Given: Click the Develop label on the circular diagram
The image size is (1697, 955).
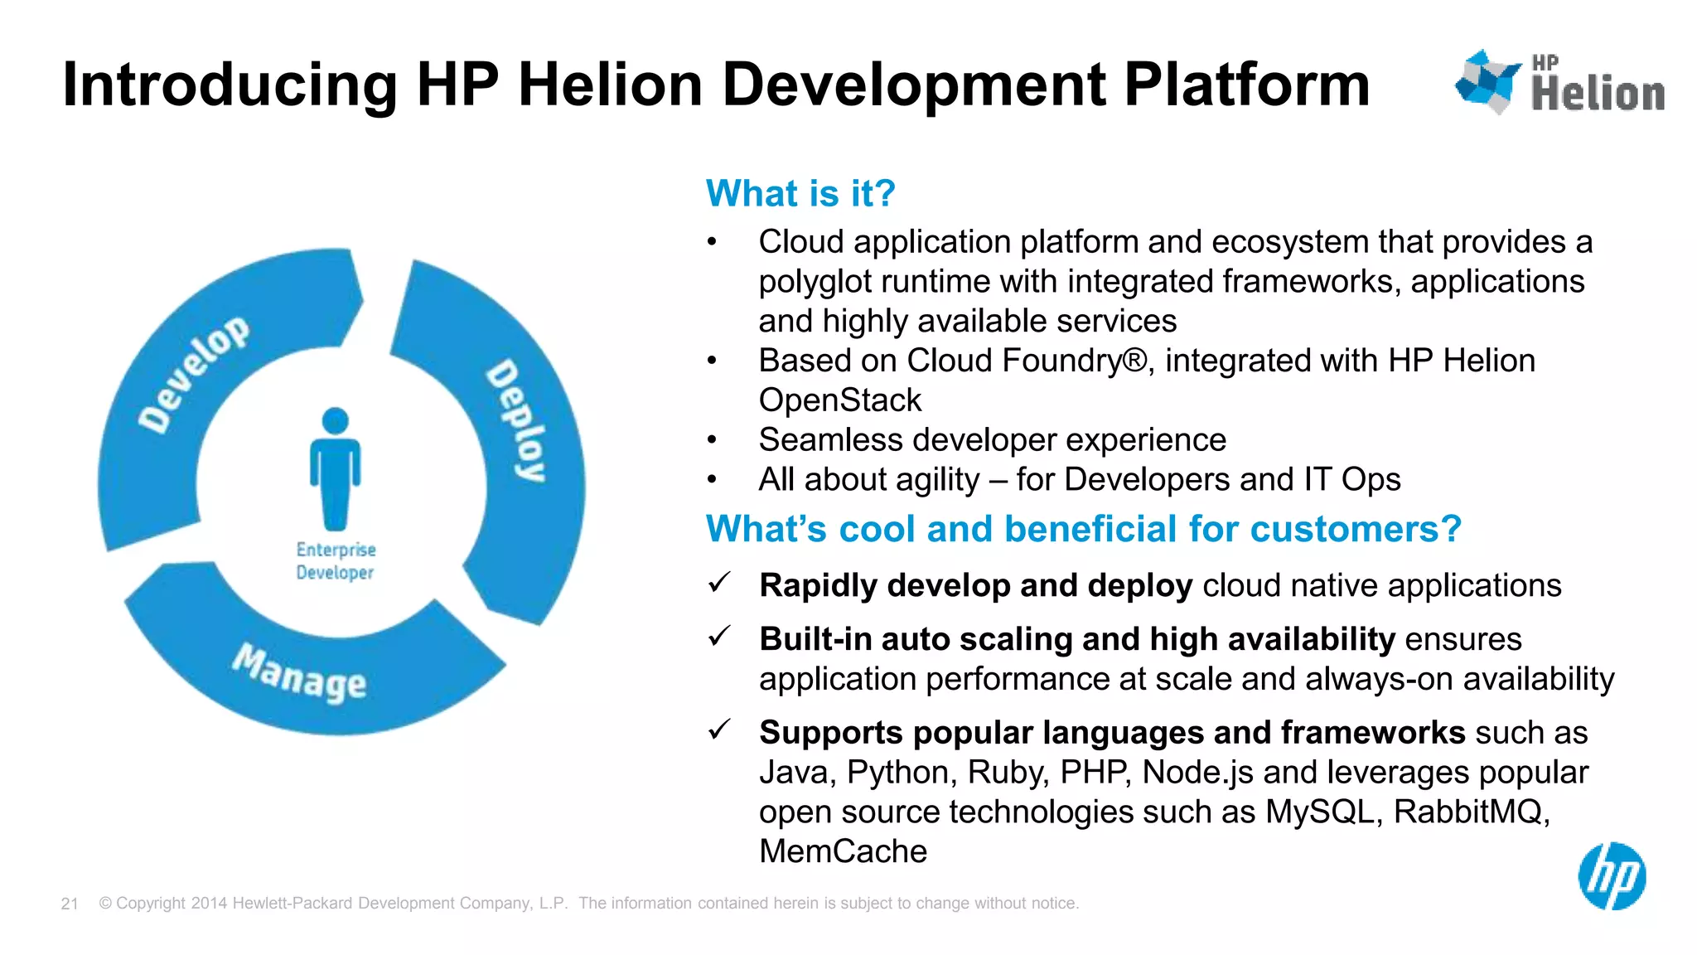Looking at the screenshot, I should coord(193,374).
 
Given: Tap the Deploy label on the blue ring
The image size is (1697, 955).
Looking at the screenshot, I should coord(516,420).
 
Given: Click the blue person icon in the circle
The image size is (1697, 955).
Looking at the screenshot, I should coord(335,468).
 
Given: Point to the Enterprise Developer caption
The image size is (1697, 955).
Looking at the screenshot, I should coord(336,561).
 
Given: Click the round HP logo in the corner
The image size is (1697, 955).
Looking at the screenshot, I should coord(1612,876).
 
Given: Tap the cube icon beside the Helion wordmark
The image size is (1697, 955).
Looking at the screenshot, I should coord(1487,81).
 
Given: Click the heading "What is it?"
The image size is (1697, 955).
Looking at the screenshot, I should coord(800,193).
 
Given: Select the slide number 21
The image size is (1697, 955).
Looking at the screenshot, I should coord(70,904).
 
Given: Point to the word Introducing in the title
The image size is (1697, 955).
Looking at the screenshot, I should coord(230,85).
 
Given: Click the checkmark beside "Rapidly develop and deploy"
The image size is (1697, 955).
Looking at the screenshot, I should coord(719,583).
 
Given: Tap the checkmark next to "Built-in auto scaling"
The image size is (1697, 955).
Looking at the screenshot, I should coord(719,637).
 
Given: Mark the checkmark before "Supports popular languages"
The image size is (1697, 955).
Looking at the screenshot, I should coord(719,730).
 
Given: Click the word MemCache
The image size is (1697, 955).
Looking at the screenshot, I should coord(843,851).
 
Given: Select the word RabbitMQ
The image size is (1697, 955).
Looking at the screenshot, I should coord(1471,812).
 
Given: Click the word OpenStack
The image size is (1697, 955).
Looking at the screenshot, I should coord(839,400).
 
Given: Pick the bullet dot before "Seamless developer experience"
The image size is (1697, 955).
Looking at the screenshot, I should coord(712,440).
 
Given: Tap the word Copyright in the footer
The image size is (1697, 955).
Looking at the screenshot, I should coord(151,903).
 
